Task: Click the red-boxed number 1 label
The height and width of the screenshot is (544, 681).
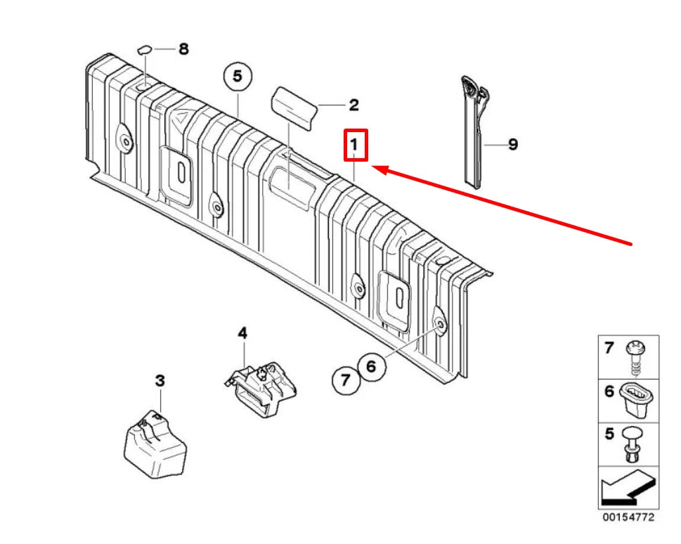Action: pyautogui.click(x=355, y=145)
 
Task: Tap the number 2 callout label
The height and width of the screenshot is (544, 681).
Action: pyautogui.click(x=354, y=105)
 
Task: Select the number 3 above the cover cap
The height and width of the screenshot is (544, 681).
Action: pyautogui.click(x=160, y=381)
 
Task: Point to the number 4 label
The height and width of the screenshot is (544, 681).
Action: pyautogui.click(x=242, y=333)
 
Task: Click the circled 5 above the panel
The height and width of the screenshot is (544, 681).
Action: pyautogui.click(x=237, y=76)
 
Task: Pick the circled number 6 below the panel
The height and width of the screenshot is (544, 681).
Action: pyautogui.click(x=371, y=365)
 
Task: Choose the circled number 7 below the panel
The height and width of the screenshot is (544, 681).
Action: pyautogui.click(x=345, y=381)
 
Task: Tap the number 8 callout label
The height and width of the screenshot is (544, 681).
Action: pyautogui.click(x=183, y=49)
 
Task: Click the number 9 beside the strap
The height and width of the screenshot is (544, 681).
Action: pyautogui.click(x=512, y=145)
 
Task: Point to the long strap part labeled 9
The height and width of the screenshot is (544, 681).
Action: pyautogui.click(x=473, y=134)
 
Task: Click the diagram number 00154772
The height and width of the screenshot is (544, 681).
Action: pyautogui.click(x=628, y=517)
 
